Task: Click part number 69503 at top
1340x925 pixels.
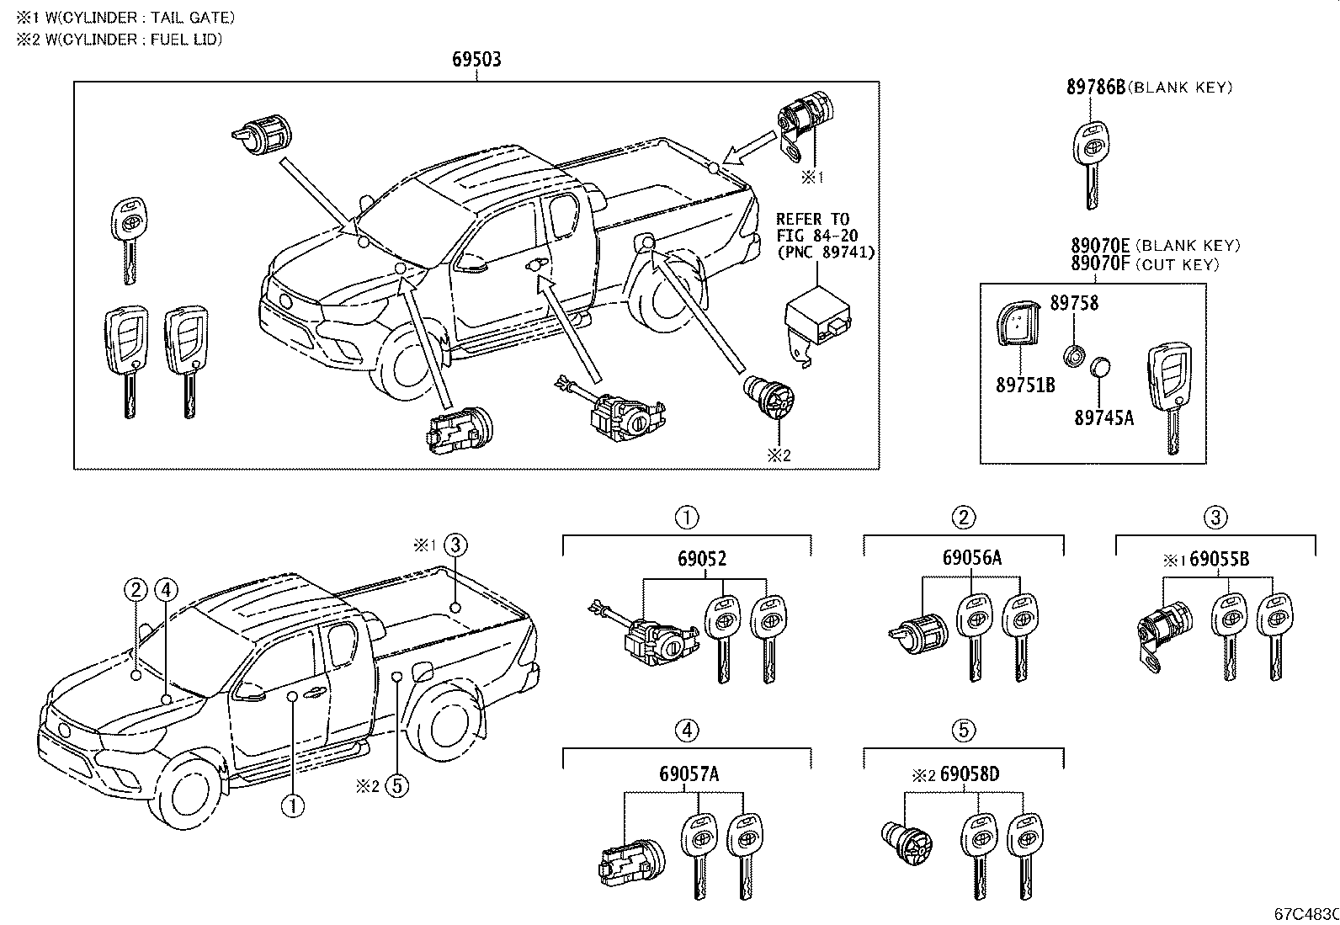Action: pos(476,59)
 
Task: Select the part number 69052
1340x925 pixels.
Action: pos(702,558)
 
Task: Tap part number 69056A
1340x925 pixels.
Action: pos(972,558)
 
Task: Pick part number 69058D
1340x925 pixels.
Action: pos(970,773)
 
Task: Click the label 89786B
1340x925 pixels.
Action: pos(1095,87)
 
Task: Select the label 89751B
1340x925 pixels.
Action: pos(1025,385)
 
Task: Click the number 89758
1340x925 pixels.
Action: pos(1073,303)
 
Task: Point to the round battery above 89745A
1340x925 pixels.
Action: pos(1101,368)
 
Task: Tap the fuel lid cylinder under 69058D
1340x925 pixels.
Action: pos(907,842)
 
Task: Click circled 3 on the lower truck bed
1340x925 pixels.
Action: pos(455,545)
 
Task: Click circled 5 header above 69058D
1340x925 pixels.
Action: pos(963,731)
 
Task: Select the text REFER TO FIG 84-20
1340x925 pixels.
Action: pos(812,227)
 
